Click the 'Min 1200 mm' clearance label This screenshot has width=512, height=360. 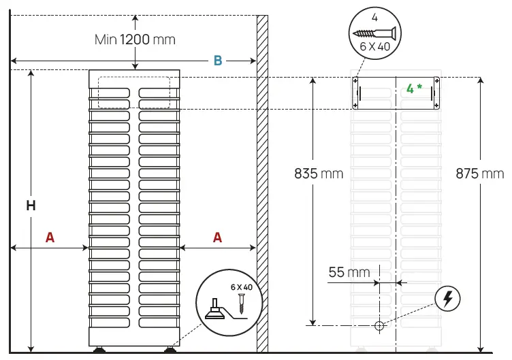(x=135, y=39)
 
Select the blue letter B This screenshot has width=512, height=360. (x=218, y=61)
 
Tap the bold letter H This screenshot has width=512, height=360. (x=31, y=205)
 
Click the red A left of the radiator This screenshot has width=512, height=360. (x=50, y=237)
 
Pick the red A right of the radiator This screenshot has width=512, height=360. (x=217, y=237)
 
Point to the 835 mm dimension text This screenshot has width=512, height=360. (x=319, y=174)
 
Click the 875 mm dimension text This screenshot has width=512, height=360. (x=480, y=174)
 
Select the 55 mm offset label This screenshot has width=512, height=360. (x=349, y=272)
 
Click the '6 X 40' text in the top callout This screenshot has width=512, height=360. (x=374, y=47)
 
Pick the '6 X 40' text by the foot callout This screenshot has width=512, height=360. (x=241, y=287)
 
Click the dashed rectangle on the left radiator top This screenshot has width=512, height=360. (x=134, y=92)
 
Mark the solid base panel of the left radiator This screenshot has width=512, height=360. (x=134, y=337)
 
